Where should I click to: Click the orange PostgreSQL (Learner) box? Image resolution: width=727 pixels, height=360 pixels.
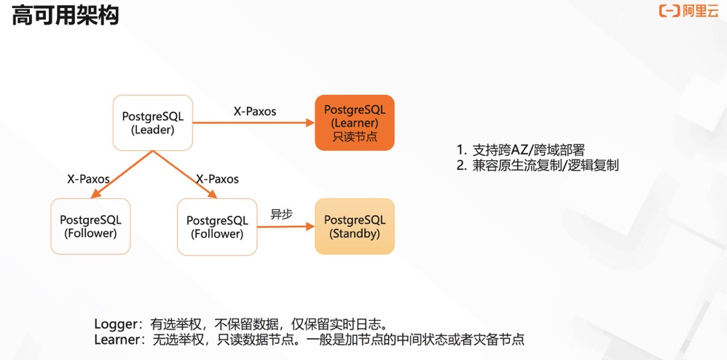355,122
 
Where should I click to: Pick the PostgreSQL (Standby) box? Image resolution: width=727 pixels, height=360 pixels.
355,226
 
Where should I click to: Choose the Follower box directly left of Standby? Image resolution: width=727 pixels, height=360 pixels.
217,226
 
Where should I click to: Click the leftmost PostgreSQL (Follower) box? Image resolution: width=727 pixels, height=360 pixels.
90,226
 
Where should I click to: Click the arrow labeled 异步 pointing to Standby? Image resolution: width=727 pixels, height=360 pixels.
286,227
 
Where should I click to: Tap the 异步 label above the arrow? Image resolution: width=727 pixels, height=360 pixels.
281,214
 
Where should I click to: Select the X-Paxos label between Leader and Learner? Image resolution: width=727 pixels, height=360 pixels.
254,111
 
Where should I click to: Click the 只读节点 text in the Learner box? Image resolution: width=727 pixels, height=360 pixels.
355,136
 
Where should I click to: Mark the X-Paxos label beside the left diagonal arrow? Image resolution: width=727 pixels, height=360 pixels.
88,179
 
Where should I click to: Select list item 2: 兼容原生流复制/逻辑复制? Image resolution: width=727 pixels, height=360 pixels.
538,165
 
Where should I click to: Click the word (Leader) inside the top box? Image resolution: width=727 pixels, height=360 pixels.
153,130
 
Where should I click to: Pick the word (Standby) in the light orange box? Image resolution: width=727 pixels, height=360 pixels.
355,234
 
